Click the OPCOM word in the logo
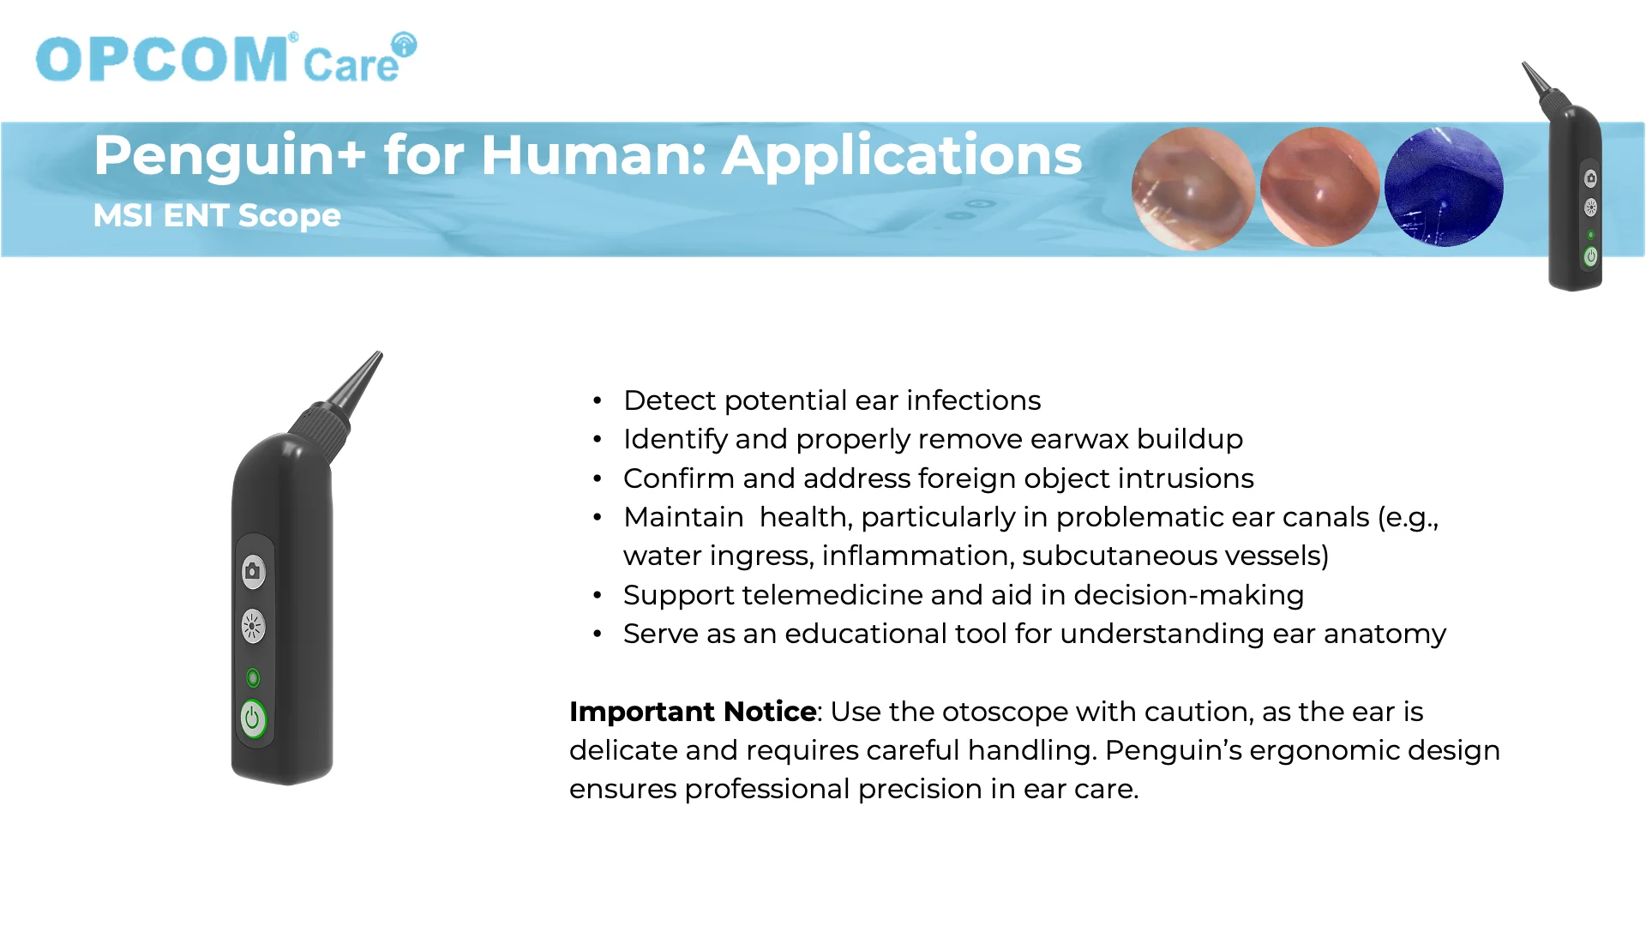[x=162, y=58]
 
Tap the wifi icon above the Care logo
[x=404, y=45]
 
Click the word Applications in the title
[x=902, y=155]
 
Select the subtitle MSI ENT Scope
[x=217, y=215]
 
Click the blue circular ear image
[x=1444, y=187]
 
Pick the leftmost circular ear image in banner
[x=1192, y=189]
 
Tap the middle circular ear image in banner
[x=1319, y=187]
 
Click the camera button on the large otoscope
[x=253, y=571]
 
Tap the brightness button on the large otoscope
[x=253, y=627]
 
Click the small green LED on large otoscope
[x=253, y=678]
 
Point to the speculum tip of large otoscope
[x=380, y=352]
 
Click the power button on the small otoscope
[x=1590, y=256]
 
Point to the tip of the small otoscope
[x=1524, y=63]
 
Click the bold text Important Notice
[x=693, y=712]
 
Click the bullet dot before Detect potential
[x=598, y=400]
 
